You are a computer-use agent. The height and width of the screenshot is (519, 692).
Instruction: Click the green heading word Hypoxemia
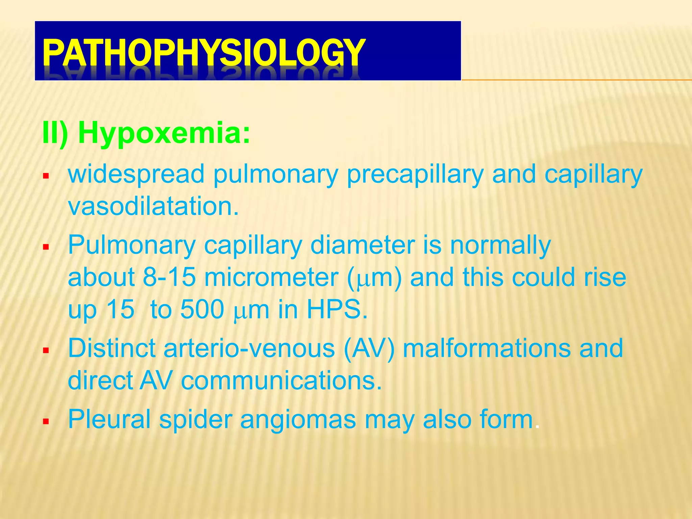(164, 133)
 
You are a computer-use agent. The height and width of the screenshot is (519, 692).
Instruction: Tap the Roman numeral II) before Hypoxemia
(55, 133)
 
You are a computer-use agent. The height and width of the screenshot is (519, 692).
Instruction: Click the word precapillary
(415, 174)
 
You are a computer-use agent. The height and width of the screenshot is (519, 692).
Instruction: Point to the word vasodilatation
(153, 206)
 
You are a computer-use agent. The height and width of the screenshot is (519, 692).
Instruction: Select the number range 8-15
(169, 277)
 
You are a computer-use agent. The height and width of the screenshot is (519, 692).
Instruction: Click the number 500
(202, 309)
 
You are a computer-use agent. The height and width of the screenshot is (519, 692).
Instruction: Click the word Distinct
(112, 348)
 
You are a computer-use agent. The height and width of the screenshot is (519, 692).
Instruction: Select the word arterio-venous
(249, 348)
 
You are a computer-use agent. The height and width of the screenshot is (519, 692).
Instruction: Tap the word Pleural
(109, 419)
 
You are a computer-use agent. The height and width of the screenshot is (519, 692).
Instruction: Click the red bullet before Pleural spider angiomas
(46, 421)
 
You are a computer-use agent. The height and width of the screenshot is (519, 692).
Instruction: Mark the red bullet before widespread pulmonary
(46, 176)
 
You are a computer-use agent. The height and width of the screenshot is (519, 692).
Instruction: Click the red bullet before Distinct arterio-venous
(46, 350)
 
